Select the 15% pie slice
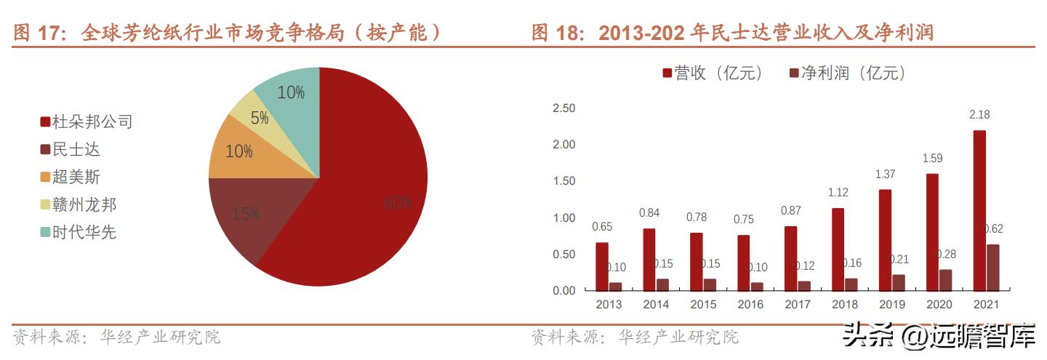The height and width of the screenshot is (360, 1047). pos(244,215)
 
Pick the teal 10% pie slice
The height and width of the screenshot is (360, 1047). pos(289,92)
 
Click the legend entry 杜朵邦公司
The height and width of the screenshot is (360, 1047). pos(87,122)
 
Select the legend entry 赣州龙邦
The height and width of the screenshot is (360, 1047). pos(79,205)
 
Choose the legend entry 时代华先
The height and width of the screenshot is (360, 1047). pos(79,233)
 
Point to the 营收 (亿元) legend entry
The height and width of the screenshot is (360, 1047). pos(712,73)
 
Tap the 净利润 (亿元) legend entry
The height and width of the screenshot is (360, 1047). pos(847,73)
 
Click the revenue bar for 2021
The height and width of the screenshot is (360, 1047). pos(979,211)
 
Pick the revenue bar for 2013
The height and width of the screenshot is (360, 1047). pos(602,266)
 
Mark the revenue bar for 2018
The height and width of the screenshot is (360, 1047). pos(838,249)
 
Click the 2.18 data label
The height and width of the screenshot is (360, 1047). pos(979,115)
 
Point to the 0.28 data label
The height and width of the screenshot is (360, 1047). pos(946,254)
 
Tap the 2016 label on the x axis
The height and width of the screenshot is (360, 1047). pos(750,305)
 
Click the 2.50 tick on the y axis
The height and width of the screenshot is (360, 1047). pos(563,108)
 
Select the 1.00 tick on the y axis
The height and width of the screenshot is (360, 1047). pos(563,218)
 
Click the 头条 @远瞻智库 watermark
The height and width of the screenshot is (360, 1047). pos(938,337)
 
